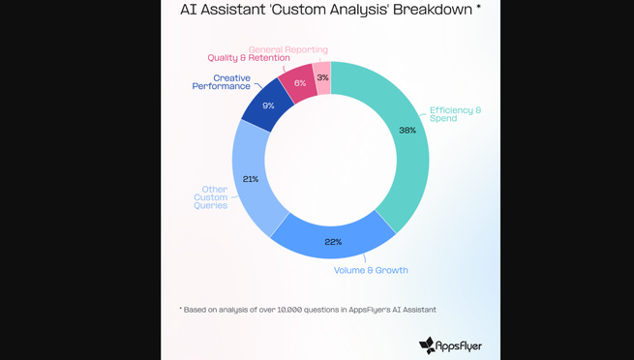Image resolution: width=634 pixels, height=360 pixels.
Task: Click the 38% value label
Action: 407,130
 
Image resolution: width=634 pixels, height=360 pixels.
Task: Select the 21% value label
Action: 250,178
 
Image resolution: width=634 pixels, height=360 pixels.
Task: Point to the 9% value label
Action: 268,106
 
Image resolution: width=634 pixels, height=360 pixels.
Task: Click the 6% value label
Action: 300,83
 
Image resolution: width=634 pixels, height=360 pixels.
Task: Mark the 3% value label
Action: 322,77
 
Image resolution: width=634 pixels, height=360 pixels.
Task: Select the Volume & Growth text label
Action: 371,270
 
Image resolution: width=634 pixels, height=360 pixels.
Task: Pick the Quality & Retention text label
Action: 249,58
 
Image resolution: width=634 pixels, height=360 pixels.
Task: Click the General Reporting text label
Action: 287,49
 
